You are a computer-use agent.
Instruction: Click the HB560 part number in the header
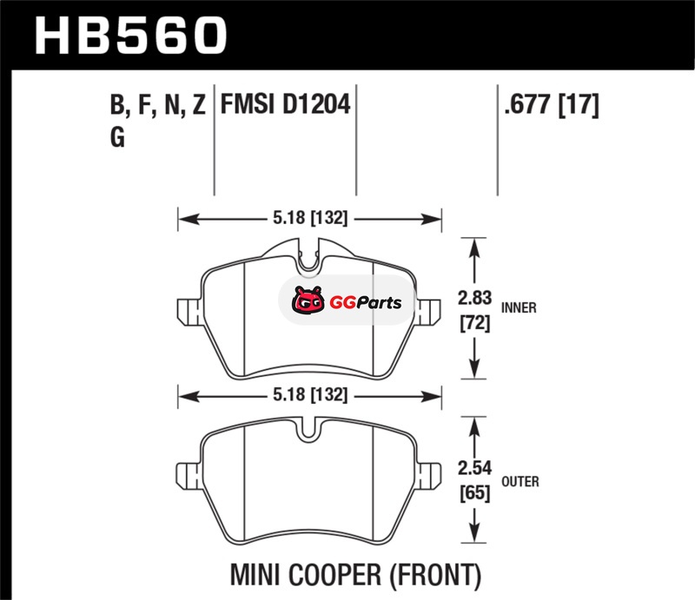[x=131, y=36]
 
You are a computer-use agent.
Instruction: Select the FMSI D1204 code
[x=286, y=104]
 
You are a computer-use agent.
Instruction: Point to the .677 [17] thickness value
[x=552, y=105]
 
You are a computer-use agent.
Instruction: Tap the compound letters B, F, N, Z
[x=158, y=105]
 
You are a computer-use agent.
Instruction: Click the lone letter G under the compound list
[x=117, y=137]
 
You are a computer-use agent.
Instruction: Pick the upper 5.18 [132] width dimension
[x=310, y=218]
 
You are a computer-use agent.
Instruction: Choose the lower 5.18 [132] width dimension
[x=310, y=394]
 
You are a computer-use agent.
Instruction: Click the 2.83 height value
[x=474, y=298]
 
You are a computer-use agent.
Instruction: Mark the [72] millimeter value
[x=474, y=323]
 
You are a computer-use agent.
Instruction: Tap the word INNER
[x=519, y=307]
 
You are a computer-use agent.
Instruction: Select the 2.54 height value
[x=474, y=468]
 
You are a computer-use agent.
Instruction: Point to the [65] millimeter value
[x=474, y=493]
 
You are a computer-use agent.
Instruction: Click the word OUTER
[x=520, y=481]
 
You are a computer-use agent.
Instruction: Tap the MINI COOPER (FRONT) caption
[x=355, y=575]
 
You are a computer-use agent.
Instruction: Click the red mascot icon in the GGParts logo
[x=308, y=300]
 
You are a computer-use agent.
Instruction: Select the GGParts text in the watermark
[x=366, y=303]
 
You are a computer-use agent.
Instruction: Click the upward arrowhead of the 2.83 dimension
[x=474, y=247]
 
